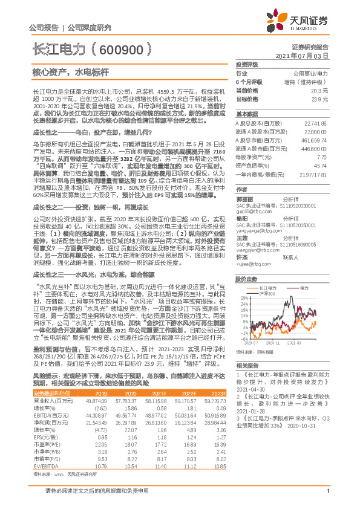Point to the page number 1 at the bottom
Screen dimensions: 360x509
(x=327, y=497)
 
